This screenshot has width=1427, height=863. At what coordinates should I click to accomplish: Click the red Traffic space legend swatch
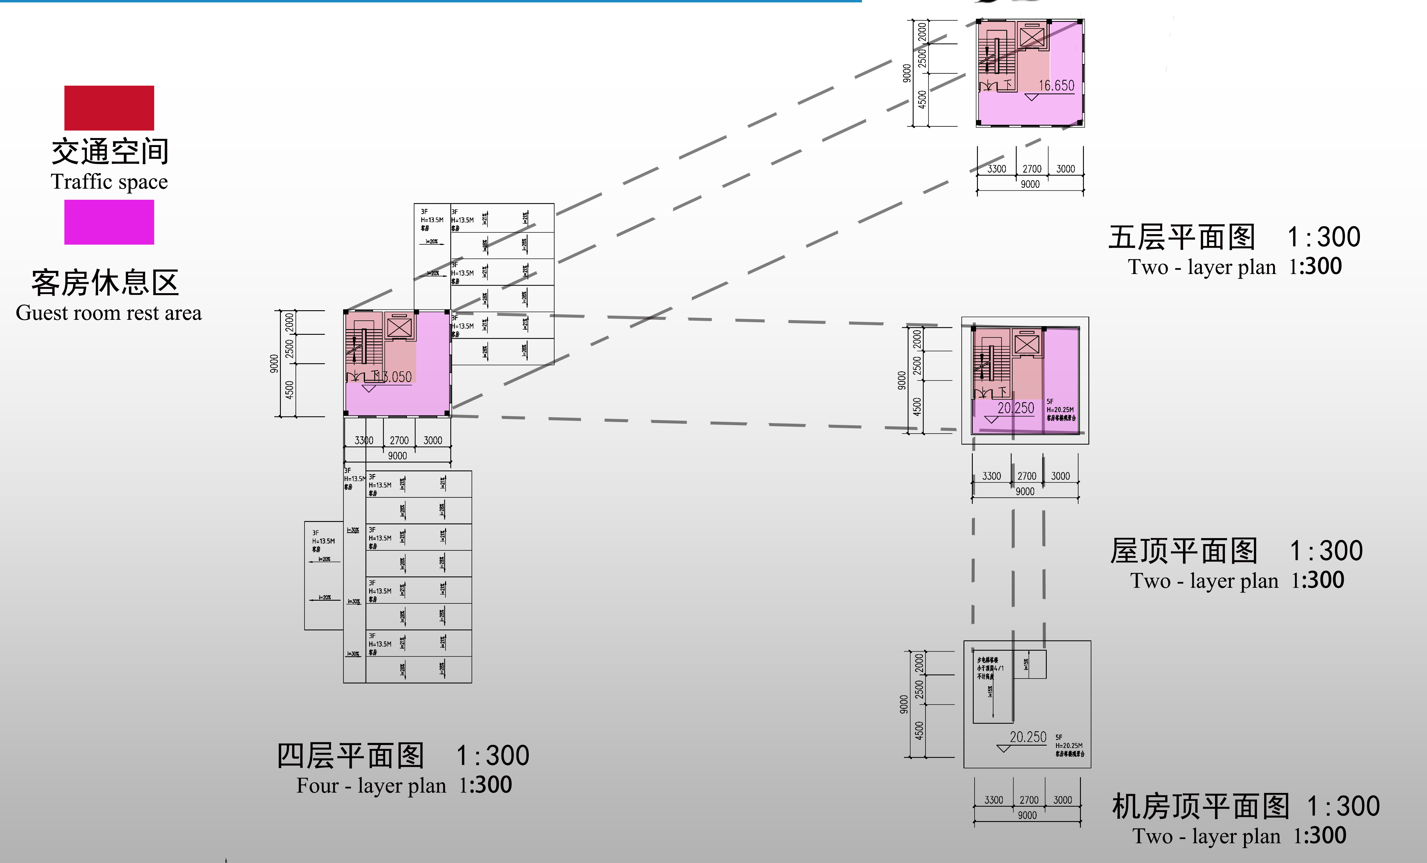point(109,108)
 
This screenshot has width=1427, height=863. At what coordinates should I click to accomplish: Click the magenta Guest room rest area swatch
point(109,222)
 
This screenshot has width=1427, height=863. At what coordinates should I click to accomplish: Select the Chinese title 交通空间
point(110,152)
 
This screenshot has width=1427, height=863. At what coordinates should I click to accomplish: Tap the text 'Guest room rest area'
point(109,313)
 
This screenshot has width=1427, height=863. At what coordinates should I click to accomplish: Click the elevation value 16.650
point(1056,86)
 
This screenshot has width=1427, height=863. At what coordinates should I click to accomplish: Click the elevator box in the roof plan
point(1027,345)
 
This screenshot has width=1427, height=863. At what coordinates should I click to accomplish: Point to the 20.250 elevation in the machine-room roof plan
point(1028,737)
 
